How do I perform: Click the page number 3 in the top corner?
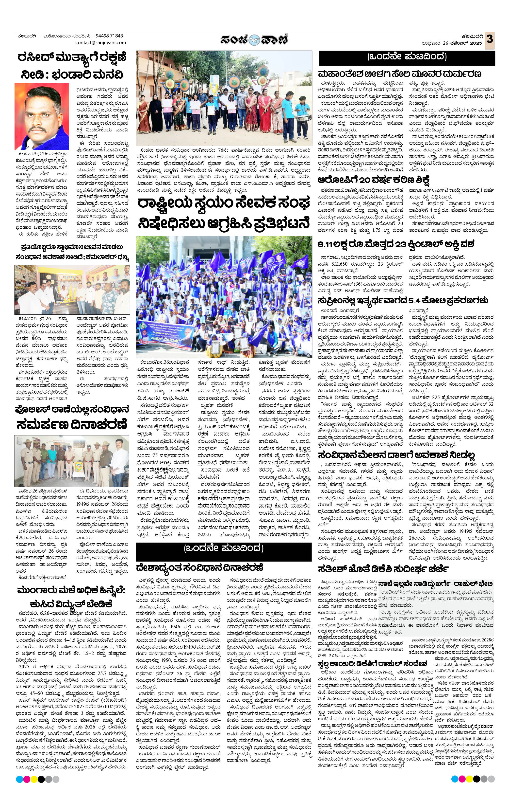point(489,39)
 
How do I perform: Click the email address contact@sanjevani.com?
point(101,43)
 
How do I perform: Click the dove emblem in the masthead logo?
point(254,40)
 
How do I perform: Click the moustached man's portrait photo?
point(42,116)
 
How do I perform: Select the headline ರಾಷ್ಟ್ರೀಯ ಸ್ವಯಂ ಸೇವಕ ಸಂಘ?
point(224,203)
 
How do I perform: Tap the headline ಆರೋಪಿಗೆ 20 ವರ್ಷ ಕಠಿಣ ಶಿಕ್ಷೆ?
point(374,180)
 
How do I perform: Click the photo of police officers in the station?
point(71,461)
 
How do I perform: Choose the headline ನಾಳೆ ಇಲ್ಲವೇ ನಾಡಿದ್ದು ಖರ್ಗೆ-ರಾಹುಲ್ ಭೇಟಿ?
point(436,583)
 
